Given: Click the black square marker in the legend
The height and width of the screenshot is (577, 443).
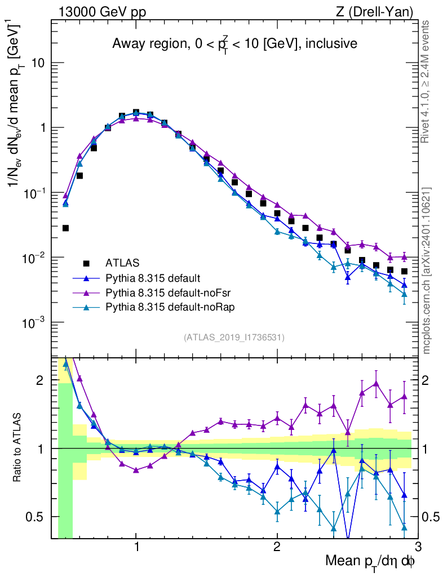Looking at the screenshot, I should (x=86, y=263).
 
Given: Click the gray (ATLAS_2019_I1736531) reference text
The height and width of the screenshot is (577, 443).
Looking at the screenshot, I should (x=234, y=338).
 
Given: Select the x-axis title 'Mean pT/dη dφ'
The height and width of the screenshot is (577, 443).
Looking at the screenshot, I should (x=370, y=561).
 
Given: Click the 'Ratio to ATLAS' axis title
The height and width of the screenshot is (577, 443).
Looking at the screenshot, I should (x=18, y=447).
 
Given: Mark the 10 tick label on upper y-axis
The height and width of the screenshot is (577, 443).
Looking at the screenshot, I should (x=38, y=63).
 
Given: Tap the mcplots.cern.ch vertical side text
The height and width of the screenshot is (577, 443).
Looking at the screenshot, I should (x=427, y=270).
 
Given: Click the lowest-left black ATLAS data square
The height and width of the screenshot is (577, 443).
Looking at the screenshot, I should (x=65, y=228).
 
